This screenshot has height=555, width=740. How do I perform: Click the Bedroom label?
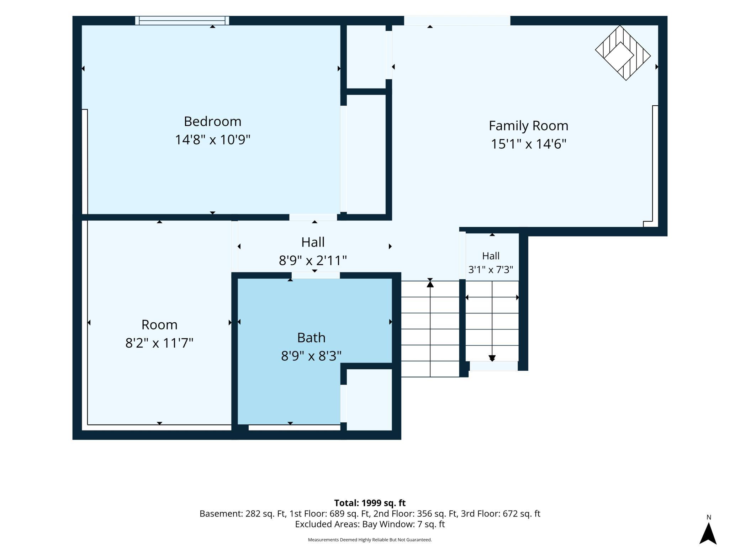coord(212,122)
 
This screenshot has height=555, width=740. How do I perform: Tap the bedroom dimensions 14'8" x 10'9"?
coord(212,139)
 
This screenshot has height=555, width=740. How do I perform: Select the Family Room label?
coord(528,126)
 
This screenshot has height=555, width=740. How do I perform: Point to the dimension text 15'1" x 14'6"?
coord(528,144)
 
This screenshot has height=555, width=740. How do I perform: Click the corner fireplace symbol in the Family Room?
coord(623,53)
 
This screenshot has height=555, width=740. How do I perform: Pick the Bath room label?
coord(311,338)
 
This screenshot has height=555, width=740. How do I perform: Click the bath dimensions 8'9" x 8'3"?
coord(311,355)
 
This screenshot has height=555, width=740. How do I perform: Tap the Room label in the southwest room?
coord(159,325)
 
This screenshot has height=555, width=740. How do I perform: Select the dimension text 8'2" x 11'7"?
coord(159,343)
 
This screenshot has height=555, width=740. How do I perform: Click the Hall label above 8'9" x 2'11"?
coord(313,242)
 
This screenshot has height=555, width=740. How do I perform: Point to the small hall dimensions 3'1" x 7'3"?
coord(491,270)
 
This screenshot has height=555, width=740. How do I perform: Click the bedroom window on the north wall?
coord(182,21)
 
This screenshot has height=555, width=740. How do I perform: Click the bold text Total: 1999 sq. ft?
coord(370,503)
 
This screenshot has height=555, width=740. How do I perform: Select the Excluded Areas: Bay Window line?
coord(370,524)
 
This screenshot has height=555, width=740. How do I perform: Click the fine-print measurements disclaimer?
coord(370,540)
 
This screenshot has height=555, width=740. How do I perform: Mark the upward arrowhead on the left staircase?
coord(430,284)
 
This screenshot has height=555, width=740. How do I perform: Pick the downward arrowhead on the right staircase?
coord(492,358)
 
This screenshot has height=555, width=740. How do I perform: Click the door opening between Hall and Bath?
coord(316,275)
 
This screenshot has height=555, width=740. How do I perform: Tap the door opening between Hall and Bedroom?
coord(313,217)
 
